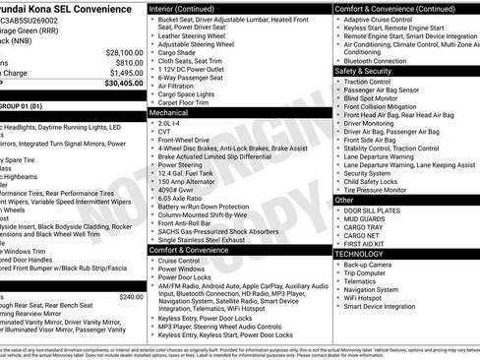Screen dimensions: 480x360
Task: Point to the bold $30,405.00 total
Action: (123, 84)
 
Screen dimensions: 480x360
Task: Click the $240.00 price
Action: (130, 296)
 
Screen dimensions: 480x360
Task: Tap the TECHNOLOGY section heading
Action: (358, 254)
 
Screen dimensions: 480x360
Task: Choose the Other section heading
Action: (344, 200)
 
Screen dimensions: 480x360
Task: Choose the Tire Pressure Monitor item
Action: (377, 189)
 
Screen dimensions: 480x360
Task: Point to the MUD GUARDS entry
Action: (365, 218)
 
